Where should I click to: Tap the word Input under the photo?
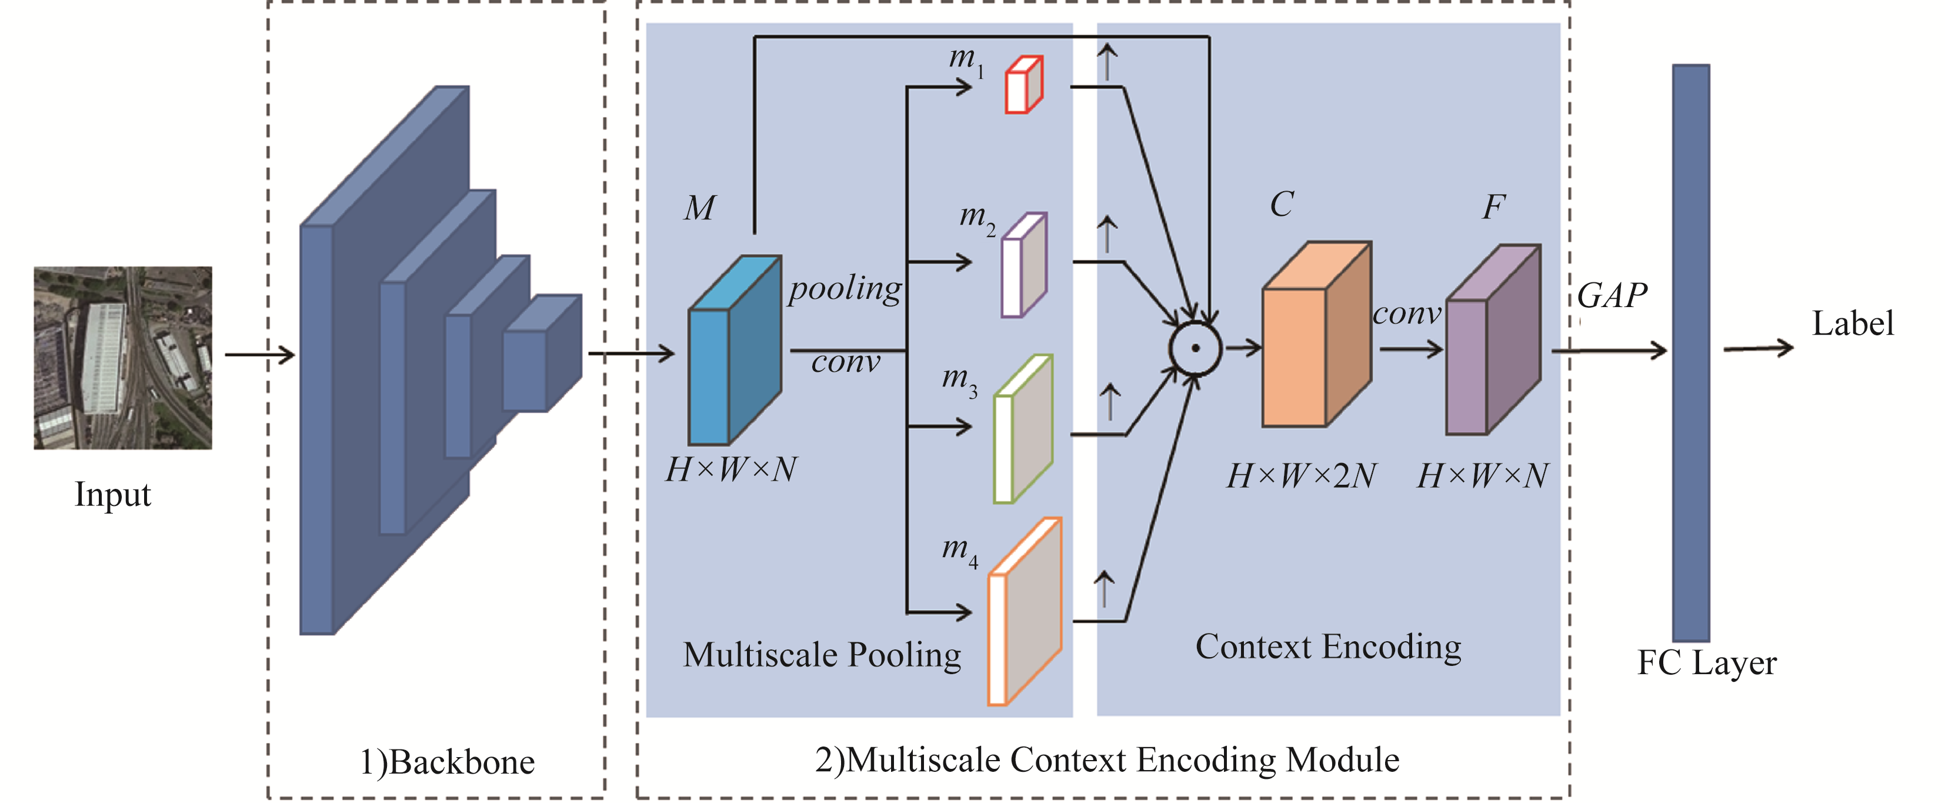[112, 495]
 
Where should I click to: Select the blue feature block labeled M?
[733, 351]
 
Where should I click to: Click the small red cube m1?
[1023, 85]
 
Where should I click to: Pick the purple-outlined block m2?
[1024, 266]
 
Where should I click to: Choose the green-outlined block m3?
[1023, 429]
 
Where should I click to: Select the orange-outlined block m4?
[1025, 612]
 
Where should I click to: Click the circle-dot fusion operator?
[1195, 348]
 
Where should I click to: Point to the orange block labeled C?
[1316, 335]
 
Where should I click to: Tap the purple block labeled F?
[1492, 340]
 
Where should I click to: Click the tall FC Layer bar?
[1690, 353]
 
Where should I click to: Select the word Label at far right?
[1852, 324]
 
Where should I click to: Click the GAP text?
[1612, 295]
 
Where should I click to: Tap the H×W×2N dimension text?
[1301, 476]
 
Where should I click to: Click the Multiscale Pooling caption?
[822, 654]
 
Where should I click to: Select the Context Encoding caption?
[1328, 647]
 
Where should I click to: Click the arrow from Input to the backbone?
[259, 354]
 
